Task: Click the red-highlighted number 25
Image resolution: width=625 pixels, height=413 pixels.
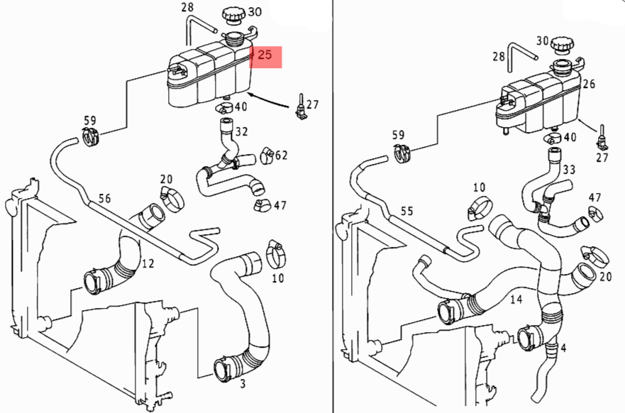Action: tap(265, 55)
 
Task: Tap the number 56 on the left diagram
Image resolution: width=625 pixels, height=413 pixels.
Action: tap(105, 199)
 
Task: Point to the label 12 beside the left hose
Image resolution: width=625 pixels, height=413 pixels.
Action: tap(148, 264)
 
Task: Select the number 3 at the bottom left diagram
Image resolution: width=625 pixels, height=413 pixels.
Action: tap(243, 384)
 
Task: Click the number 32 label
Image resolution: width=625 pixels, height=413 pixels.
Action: tap(242, 131)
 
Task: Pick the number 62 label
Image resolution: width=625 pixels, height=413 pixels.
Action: tap(281, 155)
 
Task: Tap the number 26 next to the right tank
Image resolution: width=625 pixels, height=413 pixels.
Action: tap(589, 84)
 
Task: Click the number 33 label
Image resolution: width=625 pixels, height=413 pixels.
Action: tap(568, 170)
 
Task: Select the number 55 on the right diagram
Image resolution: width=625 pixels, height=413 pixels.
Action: tap(406, 211)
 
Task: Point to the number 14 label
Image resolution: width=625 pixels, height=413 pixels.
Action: tap(516, 300)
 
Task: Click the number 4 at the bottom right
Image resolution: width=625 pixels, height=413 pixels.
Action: tap(563, 348)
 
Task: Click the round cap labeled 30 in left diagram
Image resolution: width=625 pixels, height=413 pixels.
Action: tap(232, 14)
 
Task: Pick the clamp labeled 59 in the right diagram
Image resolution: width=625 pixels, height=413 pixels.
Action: tap(400, 150)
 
